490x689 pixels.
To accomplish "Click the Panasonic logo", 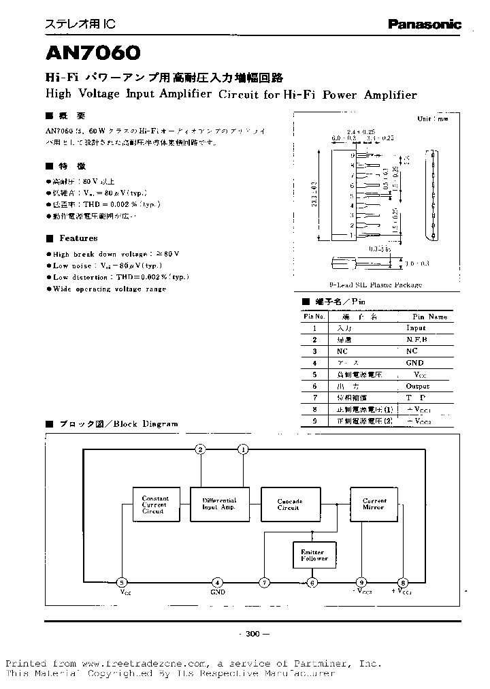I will point(424,24).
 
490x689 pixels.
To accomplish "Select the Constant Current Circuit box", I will point(154,505).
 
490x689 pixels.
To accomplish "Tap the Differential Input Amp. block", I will point(219,504).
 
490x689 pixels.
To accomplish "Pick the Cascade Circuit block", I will point(289,504).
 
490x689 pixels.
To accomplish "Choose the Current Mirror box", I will point(374,504).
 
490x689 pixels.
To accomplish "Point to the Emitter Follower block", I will point(313,555).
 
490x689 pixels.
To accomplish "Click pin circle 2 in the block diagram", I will point(200,449).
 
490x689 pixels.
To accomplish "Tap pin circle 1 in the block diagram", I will point(244,449).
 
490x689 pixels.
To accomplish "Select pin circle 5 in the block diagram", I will point(122,582).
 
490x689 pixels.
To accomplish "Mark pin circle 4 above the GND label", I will point(217,582).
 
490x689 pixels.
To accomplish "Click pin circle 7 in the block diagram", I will point(264,582).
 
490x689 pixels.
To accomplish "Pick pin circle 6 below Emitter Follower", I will point(312,582).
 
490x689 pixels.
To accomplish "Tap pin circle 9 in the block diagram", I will point(361,582).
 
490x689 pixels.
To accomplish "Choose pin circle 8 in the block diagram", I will point(403,582).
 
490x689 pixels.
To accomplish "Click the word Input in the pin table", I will point(416,328).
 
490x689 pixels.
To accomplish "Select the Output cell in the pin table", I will point(417,386).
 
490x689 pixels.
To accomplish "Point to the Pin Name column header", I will point(430,317).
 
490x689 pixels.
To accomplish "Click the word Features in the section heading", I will point(78,238).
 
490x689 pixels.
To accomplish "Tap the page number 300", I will point(252,634).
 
